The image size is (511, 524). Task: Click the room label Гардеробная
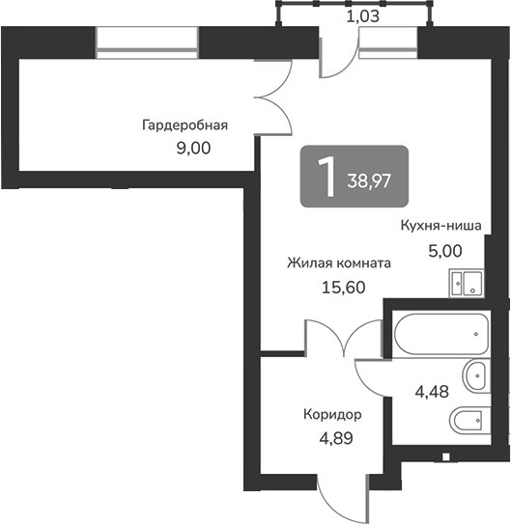pyautogui.click(x=185, y=125)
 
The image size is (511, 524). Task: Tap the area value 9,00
pyautogui.click(x=193, y=148)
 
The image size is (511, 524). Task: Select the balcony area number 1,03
pyautogui.click(x=363, y=16)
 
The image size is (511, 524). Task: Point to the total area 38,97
pyautogui.click(x=369, y=181)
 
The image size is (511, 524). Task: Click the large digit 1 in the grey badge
pyautogui.click(x=326, y=177)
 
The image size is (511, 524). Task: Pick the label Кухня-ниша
pyautogui.click(x=441, y=225)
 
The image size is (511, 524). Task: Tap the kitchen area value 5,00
pyautogui.click(x=445, y=251)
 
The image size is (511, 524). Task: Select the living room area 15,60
pyautogui.click(x=344, y=288)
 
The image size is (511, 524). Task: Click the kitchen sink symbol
pyautogui.click(x=467, y=283)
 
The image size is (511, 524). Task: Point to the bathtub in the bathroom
pyautogui.click(x=441, y=334)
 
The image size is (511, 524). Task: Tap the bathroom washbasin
pyautogui.click(x=476, y=375)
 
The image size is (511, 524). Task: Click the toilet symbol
pyautogui.click(x=469, y=420)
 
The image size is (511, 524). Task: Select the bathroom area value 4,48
pyautogui.click(x=432, y=392)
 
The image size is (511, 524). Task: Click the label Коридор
pyautogui.click(x=332, y=415)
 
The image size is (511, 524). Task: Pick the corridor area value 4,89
pyautogui.click(x=336, y=438)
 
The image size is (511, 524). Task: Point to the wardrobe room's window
pyautogui.click(x=147, y=42)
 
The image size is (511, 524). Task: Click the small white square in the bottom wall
pyautogui.click(x=445, y=456)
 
